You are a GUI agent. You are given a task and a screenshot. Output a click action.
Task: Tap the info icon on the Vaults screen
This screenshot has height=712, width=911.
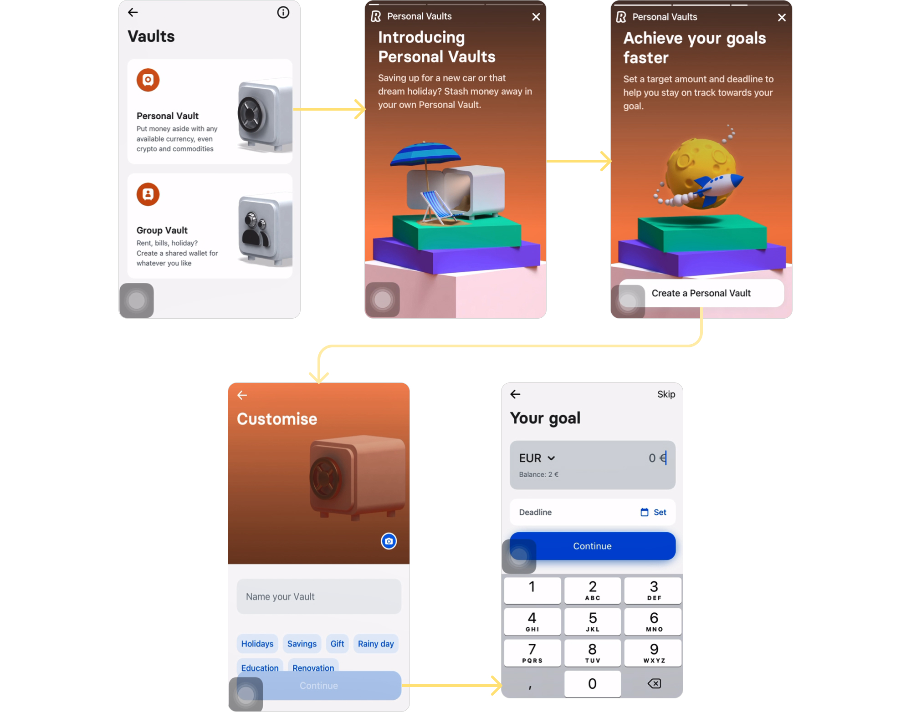(283, 12)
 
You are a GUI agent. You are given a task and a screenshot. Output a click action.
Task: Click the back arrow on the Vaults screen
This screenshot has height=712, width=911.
(133, 12)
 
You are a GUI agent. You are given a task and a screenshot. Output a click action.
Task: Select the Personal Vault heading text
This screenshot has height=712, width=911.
(167, 116)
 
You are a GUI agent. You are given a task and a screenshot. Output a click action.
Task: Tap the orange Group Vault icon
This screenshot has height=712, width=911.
(148, 194)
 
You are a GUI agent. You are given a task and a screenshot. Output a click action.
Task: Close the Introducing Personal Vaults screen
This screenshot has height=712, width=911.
(536, 17)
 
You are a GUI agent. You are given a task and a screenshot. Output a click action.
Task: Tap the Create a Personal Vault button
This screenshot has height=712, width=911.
(701, 293)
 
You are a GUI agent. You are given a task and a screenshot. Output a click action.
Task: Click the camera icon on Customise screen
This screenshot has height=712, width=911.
(389, 541)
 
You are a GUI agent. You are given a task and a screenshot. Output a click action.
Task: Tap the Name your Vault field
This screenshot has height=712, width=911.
(319, 596)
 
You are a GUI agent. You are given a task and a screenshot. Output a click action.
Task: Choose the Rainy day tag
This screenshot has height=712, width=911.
(375, 644)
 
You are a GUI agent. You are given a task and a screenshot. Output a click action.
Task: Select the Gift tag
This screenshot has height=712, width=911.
(337, 644)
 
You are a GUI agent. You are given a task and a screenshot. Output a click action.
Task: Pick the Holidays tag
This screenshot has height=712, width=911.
(257, 644)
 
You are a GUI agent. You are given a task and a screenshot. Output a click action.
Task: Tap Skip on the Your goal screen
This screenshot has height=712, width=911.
(665, 394)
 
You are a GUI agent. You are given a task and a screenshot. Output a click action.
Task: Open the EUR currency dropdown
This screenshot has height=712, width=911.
(537, 458)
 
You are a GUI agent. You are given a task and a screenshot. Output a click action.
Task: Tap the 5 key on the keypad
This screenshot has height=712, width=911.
(592, 621)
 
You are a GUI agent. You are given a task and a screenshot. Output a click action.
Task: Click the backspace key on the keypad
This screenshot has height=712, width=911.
(654, 683)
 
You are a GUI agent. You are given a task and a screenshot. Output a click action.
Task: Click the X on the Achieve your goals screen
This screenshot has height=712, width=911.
(782, 18)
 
